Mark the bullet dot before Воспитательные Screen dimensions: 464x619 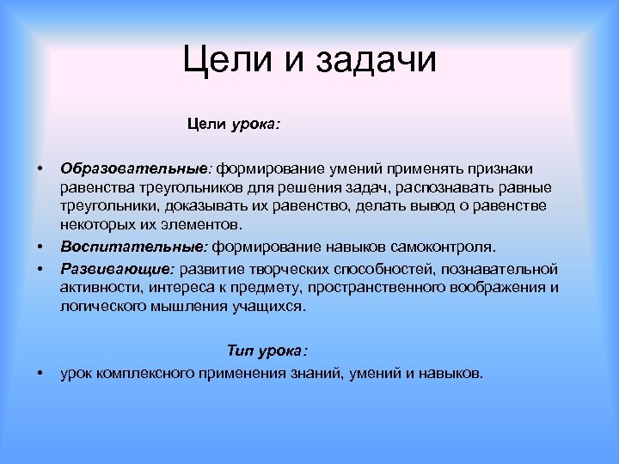coord(40,247)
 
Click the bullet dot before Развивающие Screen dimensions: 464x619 coord(40,268)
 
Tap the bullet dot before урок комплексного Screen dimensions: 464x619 coord(40,374)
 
